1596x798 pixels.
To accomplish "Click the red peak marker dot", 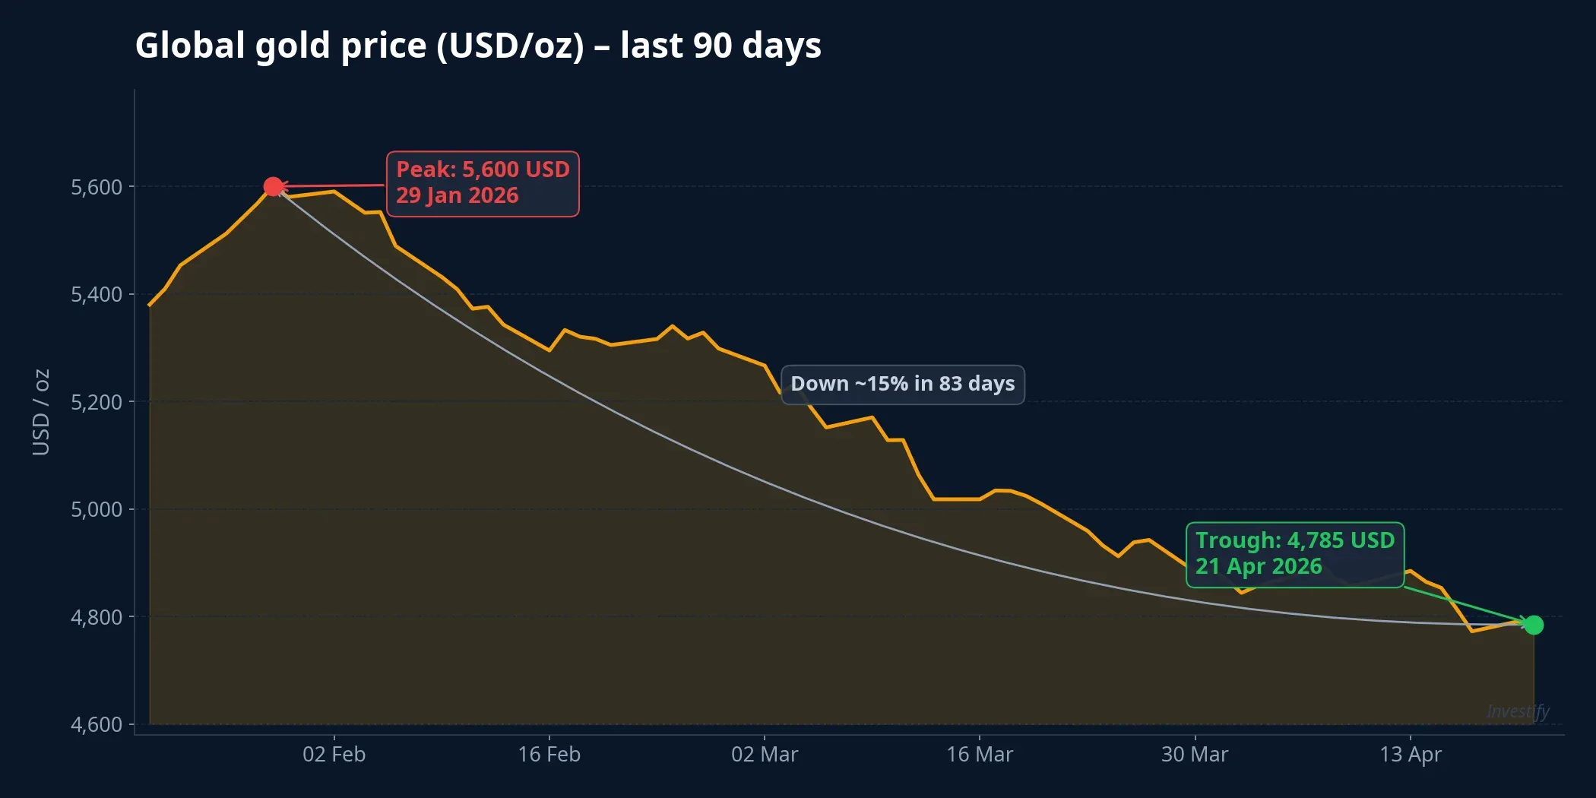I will [273, 186].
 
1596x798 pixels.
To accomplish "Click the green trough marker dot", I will [1534, 625].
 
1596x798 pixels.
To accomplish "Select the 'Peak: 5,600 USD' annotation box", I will [483, 183].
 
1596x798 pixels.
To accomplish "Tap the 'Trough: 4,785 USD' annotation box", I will [1294, 554].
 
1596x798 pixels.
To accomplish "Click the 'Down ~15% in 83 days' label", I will [902, 384].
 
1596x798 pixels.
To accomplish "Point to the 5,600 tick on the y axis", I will [97, 187].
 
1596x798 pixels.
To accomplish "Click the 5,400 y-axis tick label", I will [97, 294].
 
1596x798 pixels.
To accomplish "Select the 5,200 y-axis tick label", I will [97, 402].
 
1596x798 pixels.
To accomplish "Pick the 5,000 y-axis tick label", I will [97, 509].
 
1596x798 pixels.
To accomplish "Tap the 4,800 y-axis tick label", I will [97, 617].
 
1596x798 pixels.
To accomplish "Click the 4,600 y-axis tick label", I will [97, 724].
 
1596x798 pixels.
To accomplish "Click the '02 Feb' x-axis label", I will [334, 755].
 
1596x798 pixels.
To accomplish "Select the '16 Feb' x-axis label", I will [549, 755].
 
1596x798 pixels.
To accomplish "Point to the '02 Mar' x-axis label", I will [764, 755].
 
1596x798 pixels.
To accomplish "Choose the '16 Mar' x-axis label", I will [979, 755].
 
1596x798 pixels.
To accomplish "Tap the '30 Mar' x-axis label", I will [1194, 755].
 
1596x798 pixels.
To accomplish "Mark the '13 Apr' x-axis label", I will [1410, 755].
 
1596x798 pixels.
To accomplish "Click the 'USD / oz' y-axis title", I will [41, 412].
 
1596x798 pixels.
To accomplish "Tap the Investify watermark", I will [1517, 711].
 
